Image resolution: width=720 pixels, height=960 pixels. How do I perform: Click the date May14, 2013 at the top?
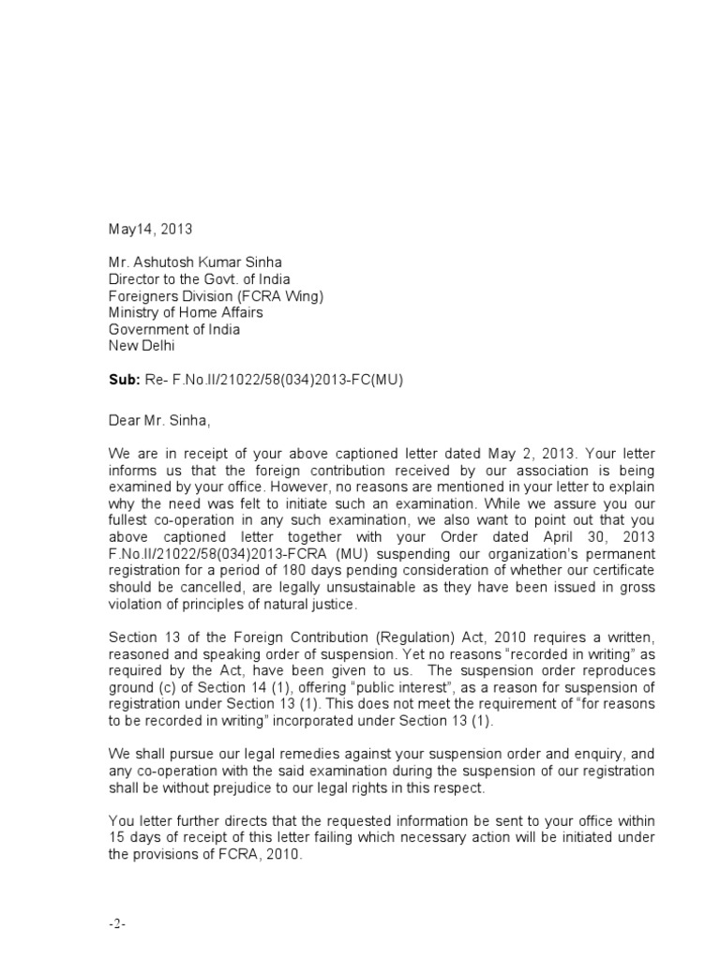pos(149,228)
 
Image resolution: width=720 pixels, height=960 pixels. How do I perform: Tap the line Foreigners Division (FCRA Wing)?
pos(216,295)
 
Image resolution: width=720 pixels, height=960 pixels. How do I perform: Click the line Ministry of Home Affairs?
pos(186,312)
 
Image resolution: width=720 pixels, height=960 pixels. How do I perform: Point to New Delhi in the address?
pos(142,346)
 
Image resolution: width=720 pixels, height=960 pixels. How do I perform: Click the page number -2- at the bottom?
pos(117,923)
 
